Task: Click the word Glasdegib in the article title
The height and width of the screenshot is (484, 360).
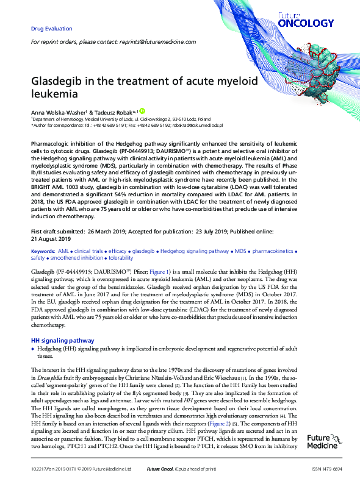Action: tap(59, 81)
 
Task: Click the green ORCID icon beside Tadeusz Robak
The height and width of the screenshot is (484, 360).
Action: tap(142, 111)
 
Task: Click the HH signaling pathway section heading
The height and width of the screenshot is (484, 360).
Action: tap(62, 340)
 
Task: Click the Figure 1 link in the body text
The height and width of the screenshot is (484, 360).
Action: tap(143, 269)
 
